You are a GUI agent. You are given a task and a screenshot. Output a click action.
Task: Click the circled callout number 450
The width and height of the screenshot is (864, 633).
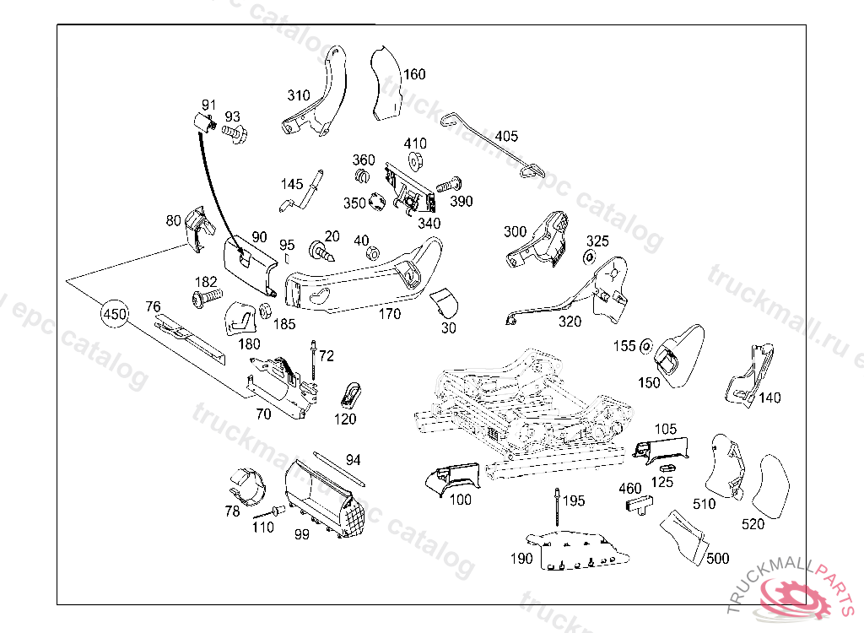click(x=114, y=315)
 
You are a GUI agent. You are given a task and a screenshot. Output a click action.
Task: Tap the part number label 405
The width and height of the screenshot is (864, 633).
click(x=506, y=136)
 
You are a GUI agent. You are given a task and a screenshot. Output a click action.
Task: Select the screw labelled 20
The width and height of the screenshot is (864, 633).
click(x=322, y=250)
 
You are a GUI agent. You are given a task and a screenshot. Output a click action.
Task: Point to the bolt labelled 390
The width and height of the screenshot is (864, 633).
click(x=449, y=183)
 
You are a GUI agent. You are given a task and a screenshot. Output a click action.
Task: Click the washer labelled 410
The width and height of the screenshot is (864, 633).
click(x=415, y=160)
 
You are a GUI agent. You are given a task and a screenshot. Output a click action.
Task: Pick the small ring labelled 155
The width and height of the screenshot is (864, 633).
click(x=645, y=345)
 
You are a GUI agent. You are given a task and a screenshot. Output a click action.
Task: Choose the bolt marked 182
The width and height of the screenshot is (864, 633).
click(x=205, y=296)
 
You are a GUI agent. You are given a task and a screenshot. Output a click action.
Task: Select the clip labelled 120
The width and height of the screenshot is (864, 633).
click(x=350, y=392)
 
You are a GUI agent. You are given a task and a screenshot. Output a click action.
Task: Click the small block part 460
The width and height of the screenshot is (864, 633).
click(x=638, y=505)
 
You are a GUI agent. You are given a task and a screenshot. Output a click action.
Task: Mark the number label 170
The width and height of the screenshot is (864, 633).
click(x=389, y=314)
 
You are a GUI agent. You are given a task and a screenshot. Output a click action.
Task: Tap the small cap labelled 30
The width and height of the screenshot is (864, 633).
click(x=444, y=300)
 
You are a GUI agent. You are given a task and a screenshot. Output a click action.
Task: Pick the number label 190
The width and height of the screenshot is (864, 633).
click(x=522, y=558)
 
